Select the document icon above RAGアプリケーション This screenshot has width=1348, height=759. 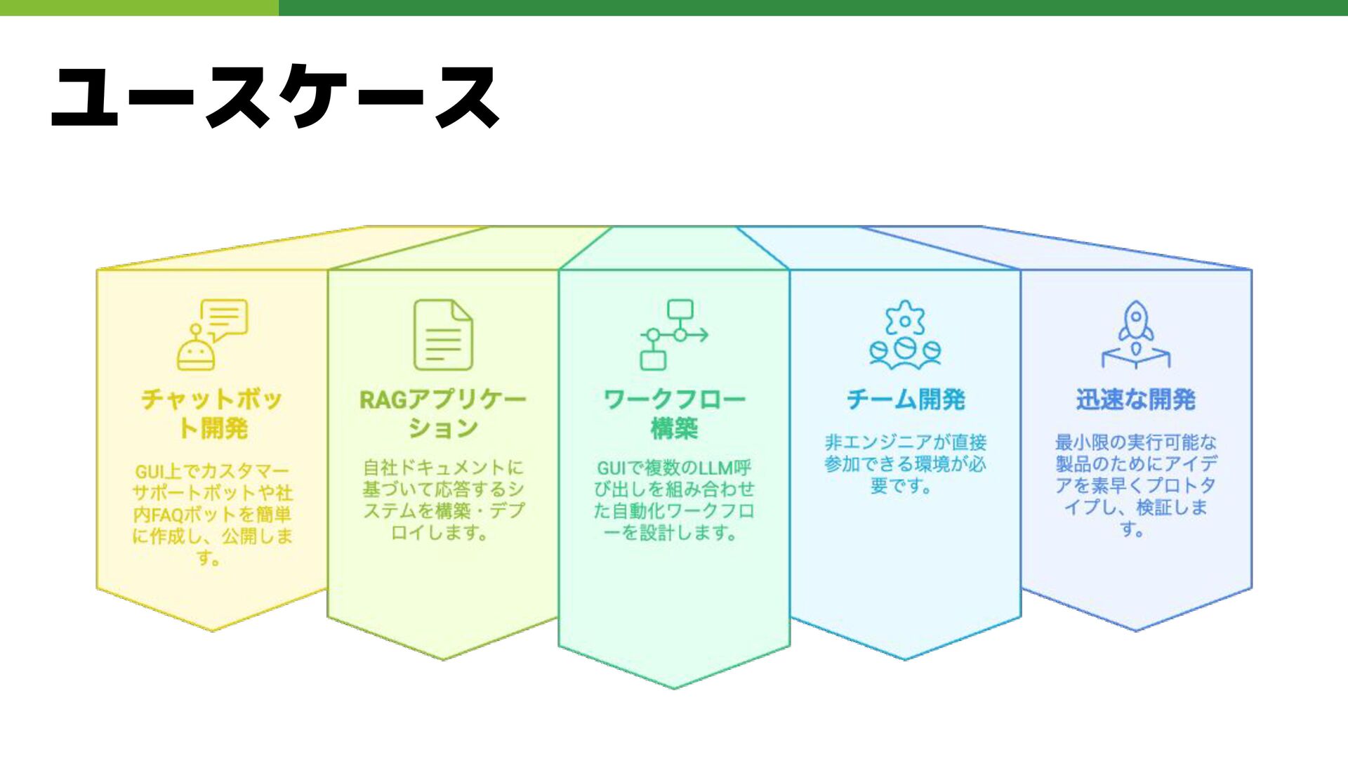pyautogui.click(x=443, y=335)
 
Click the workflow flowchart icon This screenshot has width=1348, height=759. pyautogui.click(x=673, y=335)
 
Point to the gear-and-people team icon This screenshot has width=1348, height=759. pyautogui.click(x=904, y=335)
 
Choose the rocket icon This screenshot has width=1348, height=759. pyautogui.click(x=1135, y=334)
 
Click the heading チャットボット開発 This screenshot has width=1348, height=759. pyautogui.click(x=212, y=414)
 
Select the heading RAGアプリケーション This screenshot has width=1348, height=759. pyautogui.click(x=443, y=414)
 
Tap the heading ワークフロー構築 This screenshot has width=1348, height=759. pyautogui.click(x=674, y=414)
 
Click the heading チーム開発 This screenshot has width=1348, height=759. pyautogui.click(x=906, y=400)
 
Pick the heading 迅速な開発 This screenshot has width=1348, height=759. pyautogui.click(x=1135, y=400)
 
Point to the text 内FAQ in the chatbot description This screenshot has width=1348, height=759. pyautogui.click(x=153, y=515)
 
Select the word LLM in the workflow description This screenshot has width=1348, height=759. pyautogui.click(x=713, y=468)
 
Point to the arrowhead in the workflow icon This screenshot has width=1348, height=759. pyautogui.click(x=703, y=335)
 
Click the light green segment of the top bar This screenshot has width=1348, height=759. pyautogui.click(x=139, y=8)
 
